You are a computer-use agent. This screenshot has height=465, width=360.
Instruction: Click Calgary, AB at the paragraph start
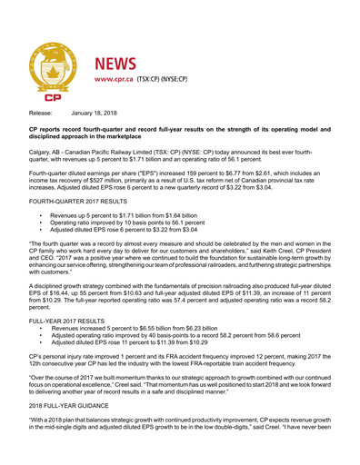[x=50, y=164]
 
